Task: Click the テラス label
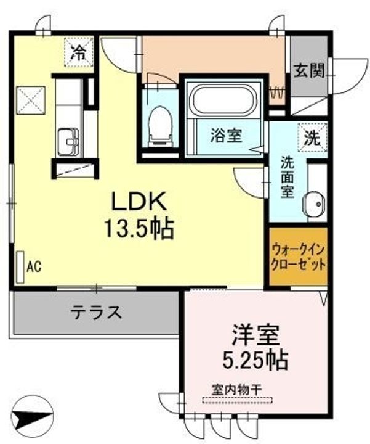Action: pyautogui.click(x=95, y=313)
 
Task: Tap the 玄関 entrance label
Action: pyautogui.click(x=308, y=72)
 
